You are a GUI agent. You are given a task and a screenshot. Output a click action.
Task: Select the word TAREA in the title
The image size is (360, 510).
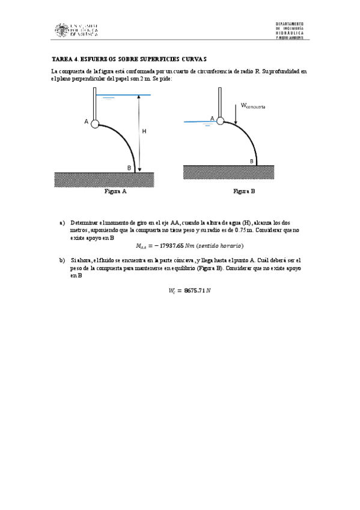click(63, 59)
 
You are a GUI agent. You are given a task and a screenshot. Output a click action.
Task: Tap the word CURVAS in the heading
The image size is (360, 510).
click(195, 59)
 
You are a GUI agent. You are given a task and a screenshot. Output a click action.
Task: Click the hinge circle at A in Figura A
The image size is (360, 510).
click(94, 122)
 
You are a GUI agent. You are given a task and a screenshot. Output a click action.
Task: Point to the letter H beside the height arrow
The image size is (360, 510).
click(144, 130)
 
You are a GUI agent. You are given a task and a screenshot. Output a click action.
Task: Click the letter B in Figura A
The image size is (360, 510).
click(129, 167)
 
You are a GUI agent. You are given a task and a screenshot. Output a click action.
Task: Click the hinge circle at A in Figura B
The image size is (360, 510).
click(220, 120)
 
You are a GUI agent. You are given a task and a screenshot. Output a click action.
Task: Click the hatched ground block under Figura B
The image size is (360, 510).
click(228, 173)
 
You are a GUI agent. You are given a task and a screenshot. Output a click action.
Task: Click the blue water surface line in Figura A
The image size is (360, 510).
click(123, 95)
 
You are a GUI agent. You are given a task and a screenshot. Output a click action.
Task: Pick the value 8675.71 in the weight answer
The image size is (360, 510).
click(188, 291)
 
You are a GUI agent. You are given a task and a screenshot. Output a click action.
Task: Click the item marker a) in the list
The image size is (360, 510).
click(62, 223)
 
